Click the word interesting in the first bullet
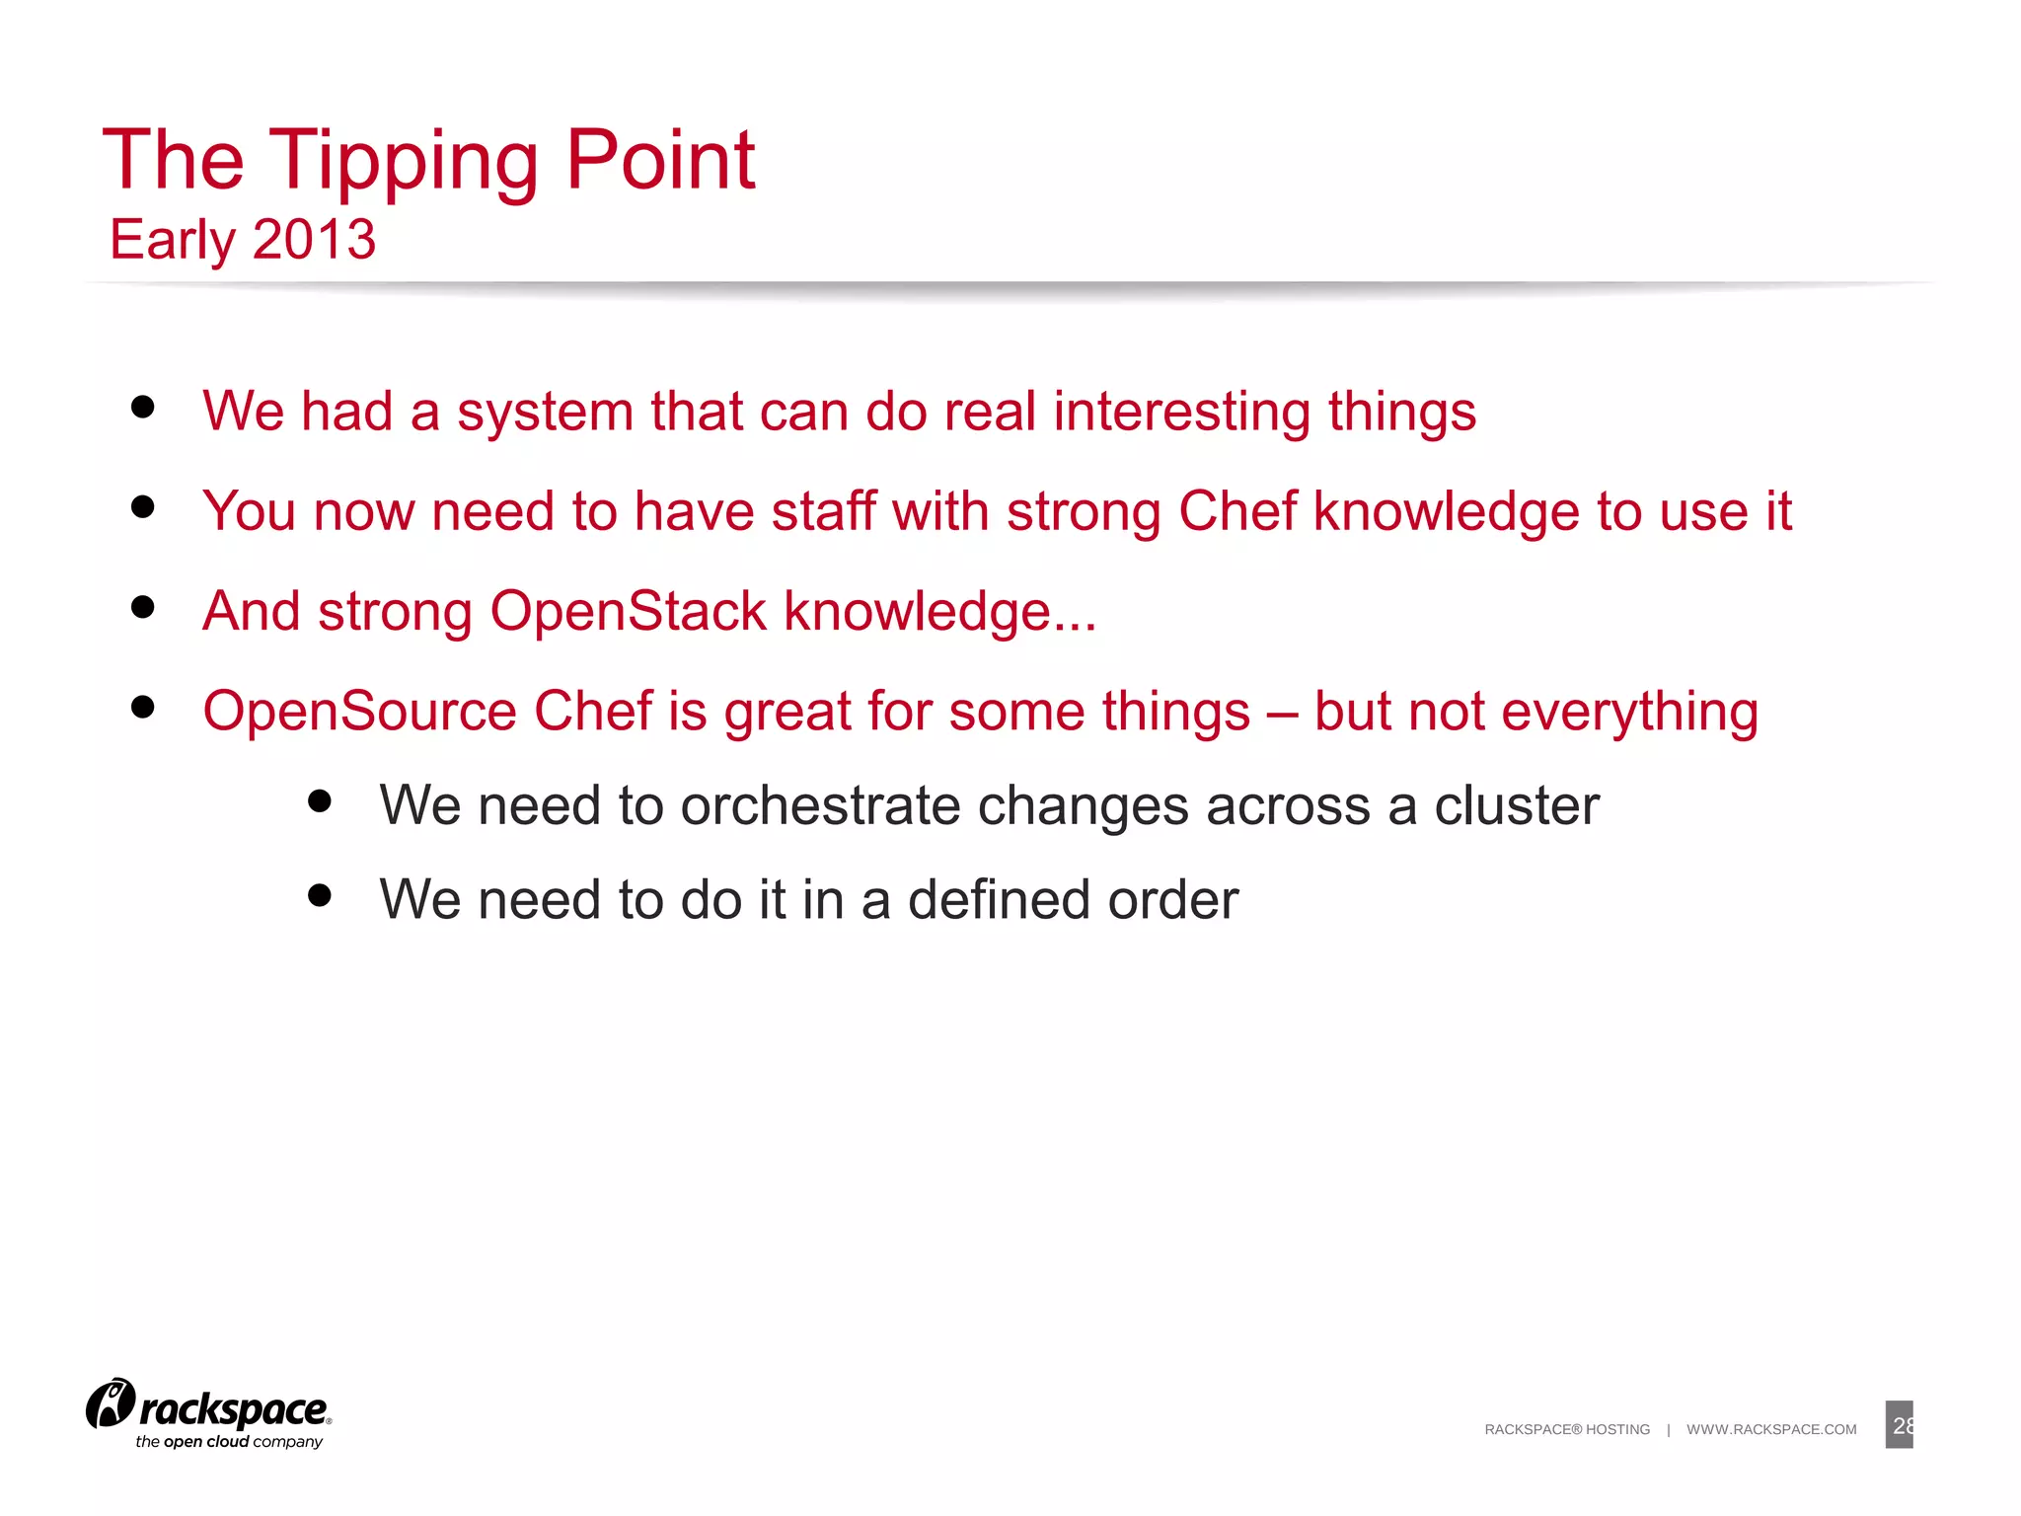(1181, 412)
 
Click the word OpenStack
(629, 611)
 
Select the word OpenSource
(359, 712)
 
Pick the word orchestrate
(820, 805)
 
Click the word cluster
(1516, 805)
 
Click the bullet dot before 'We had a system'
(143, 407)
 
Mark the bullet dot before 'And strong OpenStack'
(143, 607)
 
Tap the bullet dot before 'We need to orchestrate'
(319, 800)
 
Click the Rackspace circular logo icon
(111, 1403)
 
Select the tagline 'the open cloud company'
(229, 1442)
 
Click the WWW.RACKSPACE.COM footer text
(1771, 1429)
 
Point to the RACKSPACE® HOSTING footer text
(1567, 1429)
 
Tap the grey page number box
(1899, 1424)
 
